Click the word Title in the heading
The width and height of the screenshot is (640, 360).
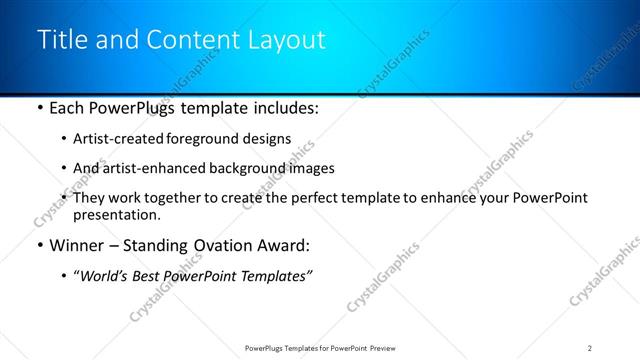coord(61,40)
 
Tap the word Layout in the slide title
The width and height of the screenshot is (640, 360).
coord(286,40)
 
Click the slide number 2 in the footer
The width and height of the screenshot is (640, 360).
coord(590,348)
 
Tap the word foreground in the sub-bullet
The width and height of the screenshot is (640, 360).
coord(213,139)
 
